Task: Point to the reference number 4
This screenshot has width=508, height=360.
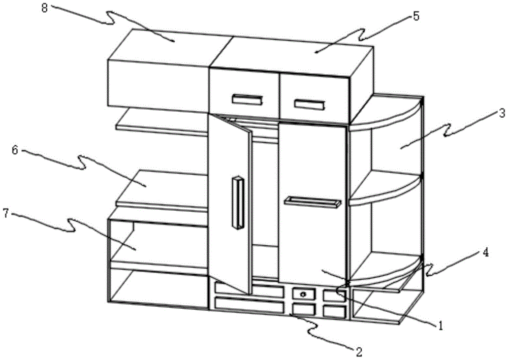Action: tap(486, 252)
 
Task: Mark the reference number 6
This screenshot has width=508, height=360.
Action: tap(16, 151)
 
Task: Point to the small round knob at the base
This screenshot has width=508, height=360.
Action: tap(303, 294)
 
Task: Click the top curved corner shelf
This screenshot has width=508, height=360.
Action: tap(386, 117)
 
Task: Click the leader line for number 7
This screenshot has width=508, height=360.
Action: tap(76, 228)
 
